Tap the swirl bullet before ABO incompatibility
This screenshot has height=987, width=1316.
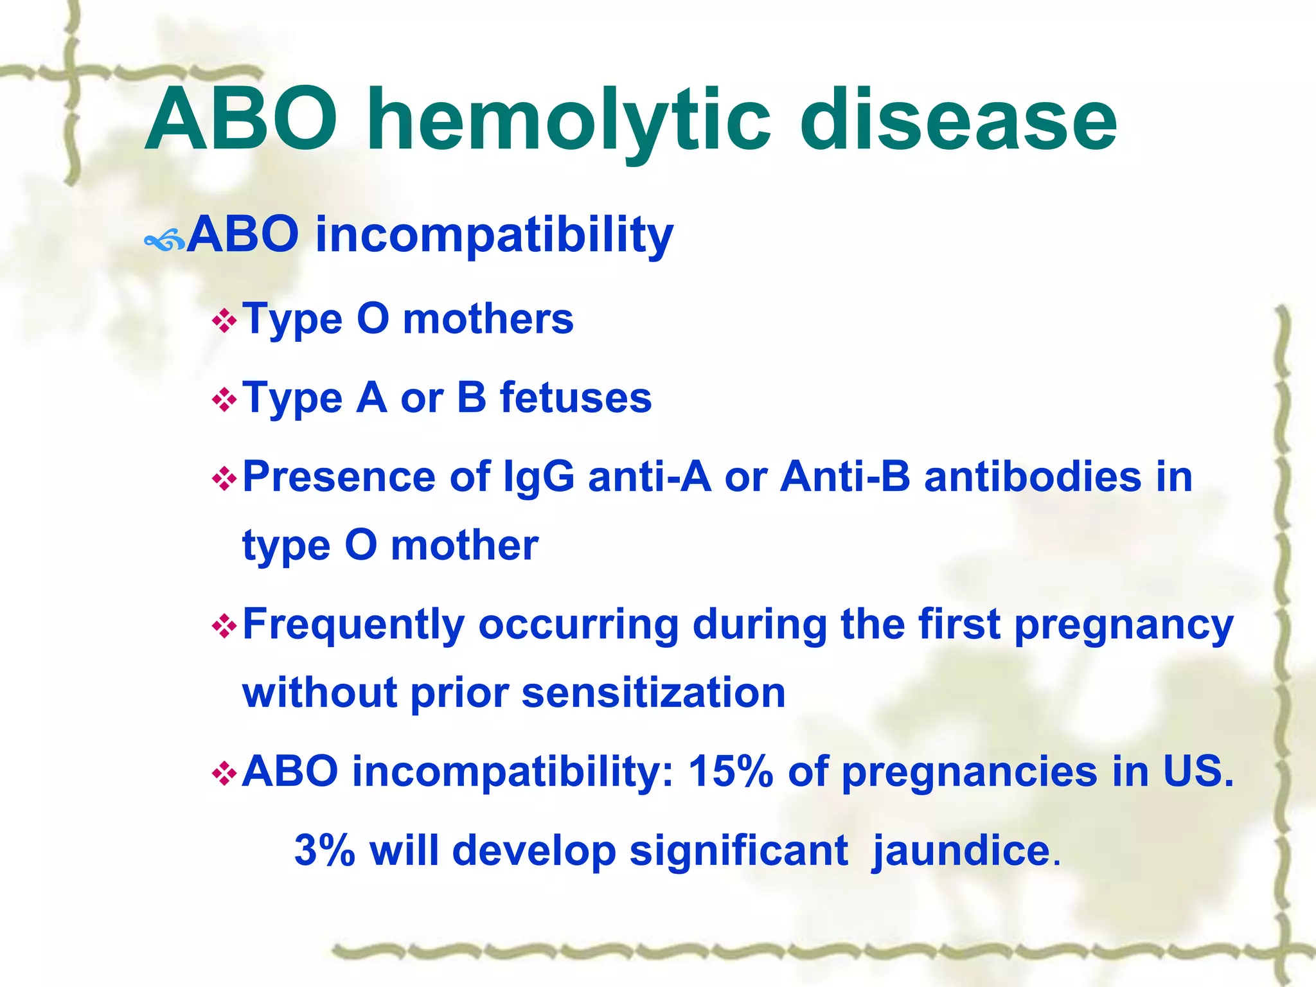click(164, 242)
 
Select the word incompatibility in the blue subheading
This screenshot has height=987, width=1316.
click(494, 235)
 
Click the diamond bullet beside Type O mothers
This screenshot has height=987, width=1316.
click(224, 321)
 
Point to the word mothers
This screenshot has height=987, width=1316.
click(488, 319)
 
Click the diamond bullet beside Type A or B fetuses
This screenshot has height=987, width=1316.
click(224, 400)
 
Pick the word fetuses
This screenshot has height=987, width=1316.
click(576, 398)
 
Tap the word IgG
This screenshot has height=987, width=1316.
click(538, 477)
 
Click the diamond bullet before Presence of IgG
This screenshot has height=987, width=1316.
click(224, 479)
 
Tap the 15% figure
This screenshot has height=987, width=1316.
click(730, 771)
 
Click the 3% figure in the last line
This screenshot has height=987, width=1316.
click(325, 851)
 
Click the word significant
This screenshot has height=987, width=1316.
click(738, 851)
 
